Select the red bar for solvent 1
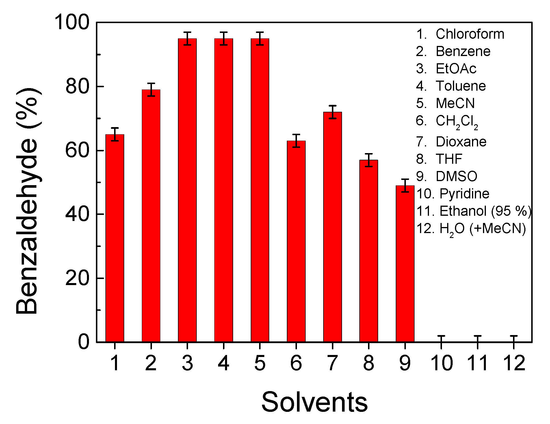click(115, 238)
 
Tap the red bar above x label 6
click(296, 241)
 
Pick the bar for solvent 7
click(332, 227)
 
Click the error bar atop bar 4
click(224, 38)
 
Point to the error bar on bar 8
click(369, 160)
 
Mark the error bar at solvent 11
click(478, 339)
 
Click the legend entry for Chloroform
click(460, 34)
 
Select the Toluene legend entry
click(451, 86)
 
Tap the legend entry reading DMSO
click(447, 176)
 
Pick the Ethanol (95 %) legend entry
click(474, 211)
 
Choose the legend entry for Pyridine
click(453, 194)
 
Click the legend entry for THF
click(439, 159)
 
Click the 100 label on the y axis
click(72, 22)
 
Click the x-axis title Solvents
click(314, 402)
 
